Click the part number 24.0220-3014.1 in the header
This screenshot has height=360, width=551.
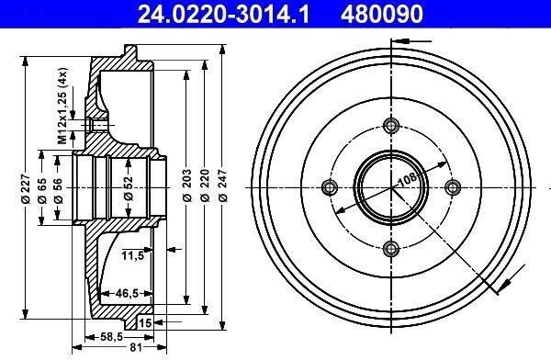223,14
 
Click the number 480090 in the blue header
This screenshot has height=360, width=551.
381,14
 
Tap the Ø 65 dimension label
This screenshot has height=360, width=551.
42,191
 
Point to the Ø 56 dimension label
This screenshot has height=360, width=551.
58,191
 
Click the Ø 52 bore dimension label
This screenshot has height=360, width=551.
129,188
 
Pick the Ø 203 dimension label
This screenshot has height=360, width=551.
187,186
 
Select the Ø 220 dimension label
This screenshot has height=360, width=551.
205,186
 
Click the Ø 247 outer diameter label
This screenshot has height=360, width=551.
222,186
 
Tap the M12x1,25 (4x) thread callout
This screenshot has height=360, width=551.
62,106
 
